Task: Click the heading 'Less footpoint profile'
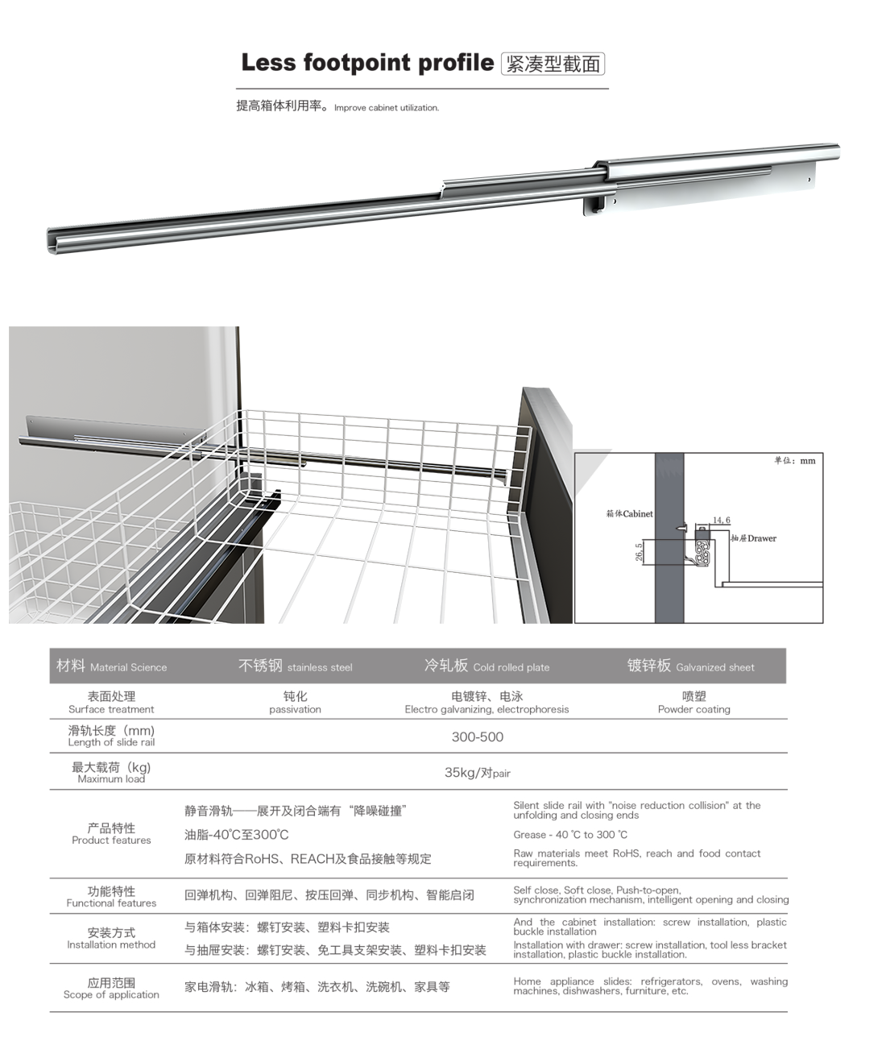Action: [x=366, y=63]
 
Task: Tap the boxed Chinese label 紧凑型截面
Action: [x=553, y=64]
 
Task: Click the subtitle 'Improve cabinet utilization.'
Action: [x=387, y=108]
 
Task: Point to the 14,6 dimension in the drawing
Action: [x=721, y=521]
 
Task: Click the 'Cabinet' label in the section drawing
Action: [x=630, y=513]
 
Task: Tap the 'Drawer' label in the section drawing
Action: [x=754, y=538]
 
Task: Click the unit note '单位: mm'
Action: [x=795, y=461]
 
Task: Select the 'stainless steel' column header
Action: [x=296, y=666]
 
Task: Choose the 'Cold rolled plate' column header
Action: [x=487, y=666]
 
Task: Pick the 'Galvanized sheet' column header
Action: [x=691, y=666]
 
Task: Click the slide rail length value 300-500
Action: [x=478, y=737]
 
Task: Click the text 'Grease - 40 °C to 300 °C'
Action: [x=570, y=835]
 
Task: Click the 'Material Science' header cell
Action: [x=112, y=666]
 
